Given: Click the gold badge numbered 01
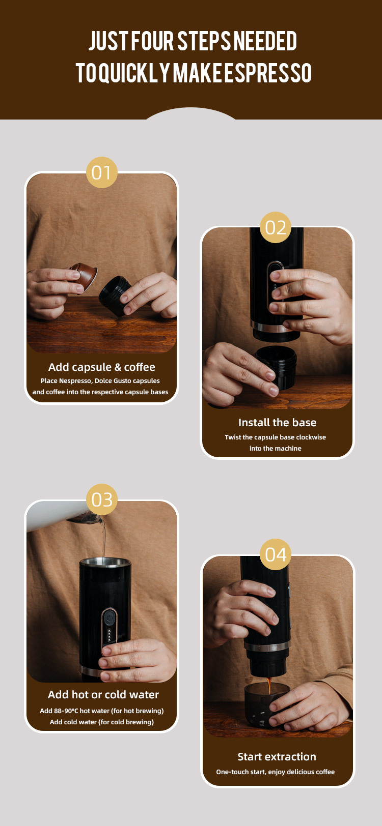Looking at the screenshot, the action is tap(101, 172).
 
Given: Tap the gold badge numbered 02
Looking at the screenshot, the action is tap(276, 227).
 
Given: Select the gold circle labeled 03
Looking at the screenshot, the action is tap(101, 499).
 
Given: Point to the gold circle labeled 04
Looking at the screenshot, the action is tap(276, 554).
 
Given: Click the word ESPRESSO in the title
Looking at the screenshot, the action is tap(268, 73).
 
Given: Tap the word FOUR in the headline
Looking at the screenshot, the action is tap(152, 41).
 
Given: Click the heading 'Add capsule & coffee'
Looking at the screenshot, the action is tap(101, 367).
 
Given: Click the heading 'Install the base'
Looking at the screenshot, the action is tap(277, 422).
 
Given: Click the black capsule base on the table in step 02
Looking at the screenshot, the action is tap(277, 366).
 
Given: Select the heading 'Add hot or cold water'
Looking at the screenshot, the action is tap(103, 694).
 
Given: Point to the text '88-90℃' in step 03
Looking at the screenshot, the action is tap(66, 711).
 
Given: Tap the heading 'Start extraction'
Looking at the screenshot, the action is tap(277, 756).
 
